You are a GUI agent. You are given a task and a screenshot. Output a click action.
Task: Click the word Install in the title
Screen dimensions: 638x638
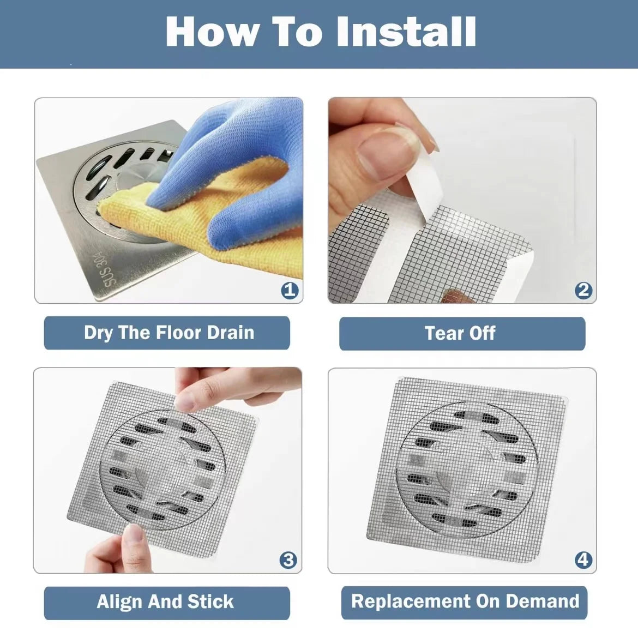[x=406, y=32]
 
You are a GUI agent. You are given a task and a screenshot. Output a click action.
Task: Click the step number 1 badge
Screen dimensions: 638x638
[x=290, y=290]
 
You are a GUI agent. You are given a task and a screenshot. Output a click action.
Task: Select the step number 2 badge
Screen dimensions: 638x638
[x=583, y=290]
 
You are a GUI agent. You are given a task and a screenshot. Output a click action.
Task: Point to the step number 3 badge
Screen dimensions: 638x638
[x=288, y=560]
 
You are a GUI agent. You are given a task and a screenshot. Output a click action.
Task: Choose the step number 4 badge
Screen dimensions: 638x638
[x=583, y=560]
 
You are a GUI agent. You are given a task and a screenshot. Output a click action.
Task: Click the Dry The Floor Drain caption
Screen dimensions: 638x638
[x=168, y=333]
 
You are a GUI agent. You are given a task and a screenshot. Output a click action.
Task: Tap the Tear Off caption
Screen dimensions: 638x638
[x=461, y=333]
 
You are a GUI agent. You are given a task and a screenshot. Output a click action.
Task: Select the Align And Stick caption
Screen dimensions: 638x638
[x=165, y=601]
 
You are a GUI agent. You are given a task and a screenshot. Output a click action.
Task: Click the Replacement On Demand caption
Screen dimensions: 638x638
[x=465, y=601]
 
